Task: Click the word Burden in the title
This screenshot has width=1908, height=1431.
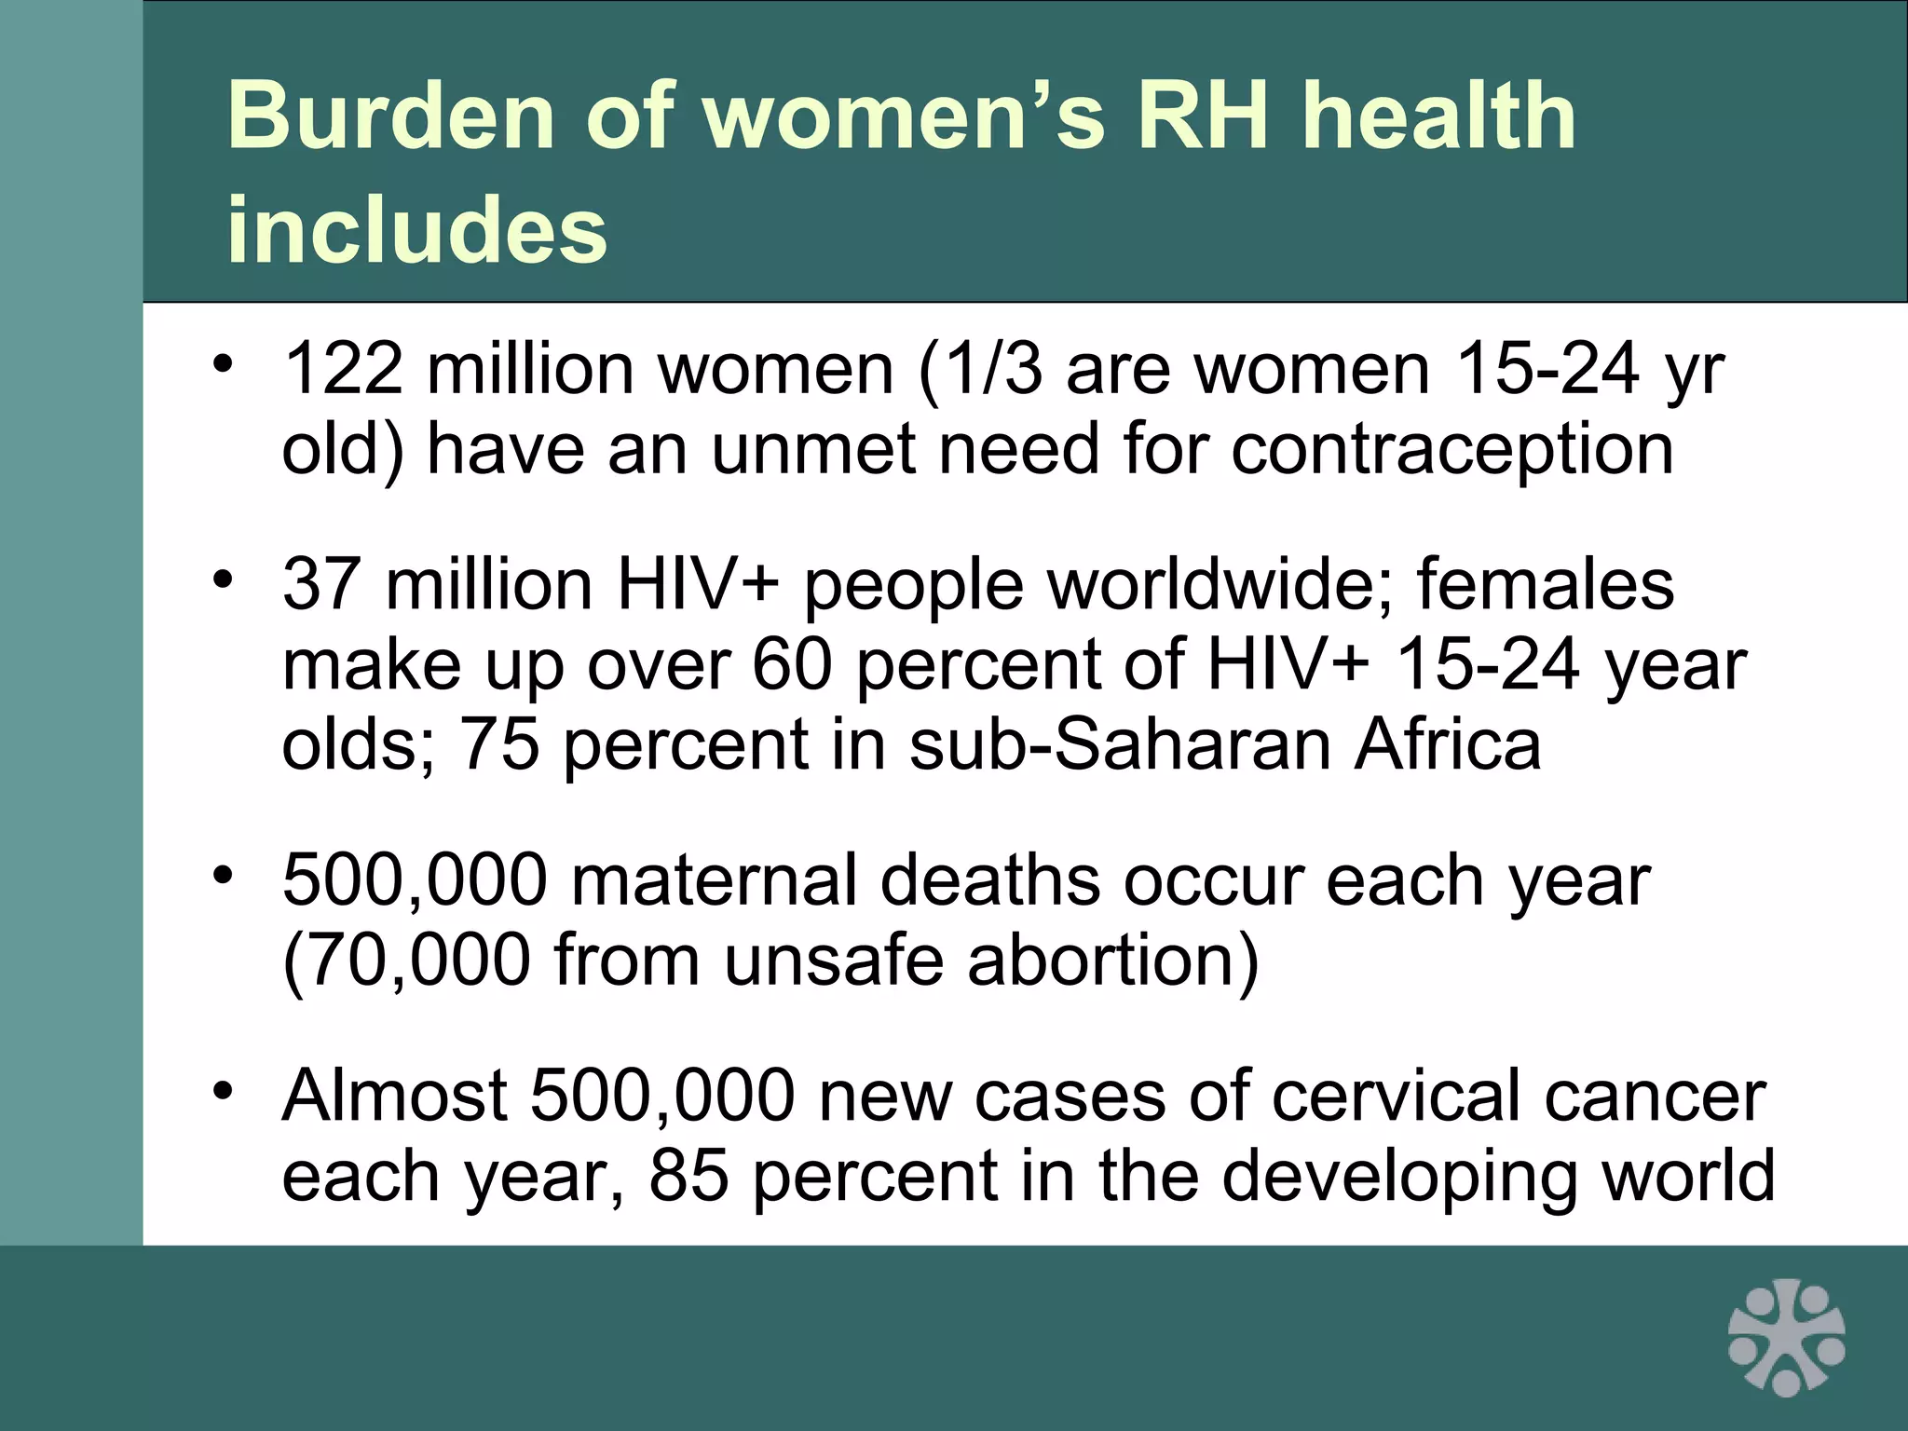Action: (391, 116)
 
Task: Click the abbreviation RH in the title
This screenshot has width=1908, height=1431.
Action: (1203, 116)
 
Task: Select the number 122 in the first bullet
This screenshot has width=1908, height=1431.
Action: (343, 369)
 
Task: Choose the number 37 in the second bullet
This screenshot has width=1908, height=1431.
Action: (322, 585)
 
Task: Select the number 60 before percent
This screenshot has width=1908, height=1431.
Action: (791, 665)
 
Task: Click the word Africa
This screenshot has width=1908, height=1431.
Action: (1448, 745)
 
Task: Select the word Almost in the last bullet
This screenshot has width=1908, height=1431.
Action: (395, 1096)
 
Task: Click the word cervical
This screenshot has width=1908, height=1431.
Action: (1398, 1096)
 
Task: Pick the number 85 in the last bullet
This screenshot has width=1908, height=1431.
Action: (688, 1176)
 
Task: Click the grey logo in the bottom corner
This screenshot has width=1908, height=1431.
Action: (1786, 1337)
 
